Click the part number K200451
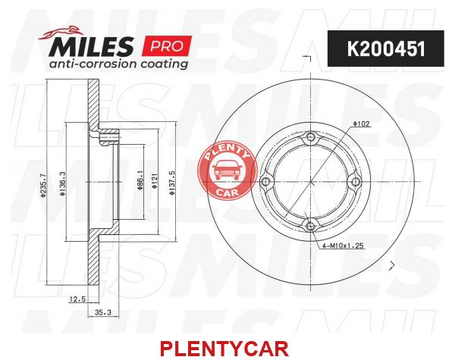[386, 49]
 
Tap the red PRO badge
[167, 45]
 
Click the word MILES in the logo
[91, 46]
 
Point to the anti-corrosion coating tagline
[118, 64]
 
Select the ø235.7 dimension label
[43, 186]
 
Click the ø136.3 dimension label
[62, 183]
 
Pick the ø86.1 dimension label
[140, 180]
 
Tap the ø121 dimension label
[155, 181]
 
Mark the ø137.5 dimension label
[173, 183]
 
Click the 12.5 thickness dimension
[77, 299]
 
